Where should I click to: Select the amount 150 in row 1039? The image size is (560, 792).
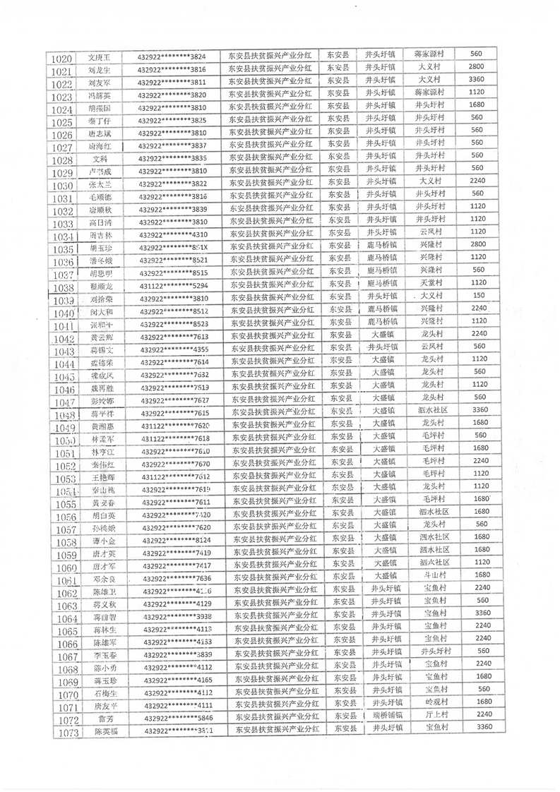click(459, 295)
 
